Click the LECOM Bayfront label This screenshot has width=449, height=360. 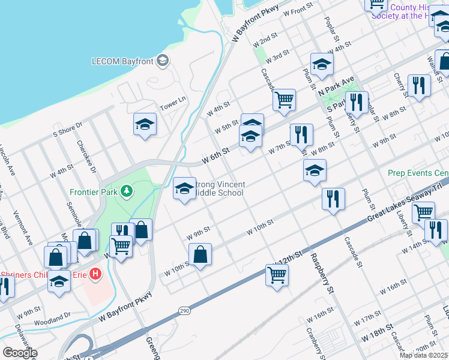point(122,61)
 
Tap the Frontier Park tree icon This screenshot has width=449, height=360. point(126,191)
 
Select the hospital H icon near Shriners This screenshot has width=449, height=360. point(95,275)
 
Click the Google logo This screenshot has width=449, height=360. point(20,353)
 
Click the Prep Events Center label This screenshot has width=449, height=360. point(418,173)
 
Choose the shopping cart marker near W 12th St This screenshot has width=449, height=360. point(277,275)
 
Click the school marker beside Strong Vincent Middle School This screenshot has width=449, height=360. point(184,189)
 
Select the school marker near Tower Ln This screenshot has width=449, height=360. point(145,125)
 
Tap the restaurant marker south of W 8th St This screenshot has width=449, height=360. point(333,199)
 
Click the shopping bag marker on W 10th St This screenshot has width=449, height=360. point(200,254)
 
